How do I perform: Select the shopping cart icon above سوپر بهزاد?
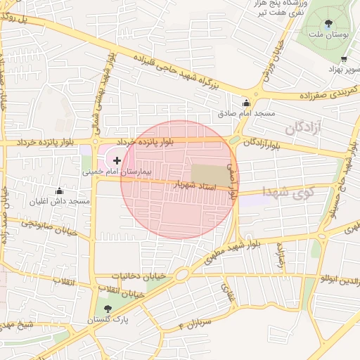tap(343, 60)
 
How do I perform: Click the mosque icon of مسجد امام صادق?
tap(245, 101)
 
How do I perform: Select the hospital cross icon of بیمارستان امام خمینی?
tap(116, 161)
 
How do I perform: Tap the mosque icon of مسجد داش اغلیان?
tap(59, 191)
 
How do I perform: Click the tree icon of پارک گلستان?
tap(107, 309)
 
